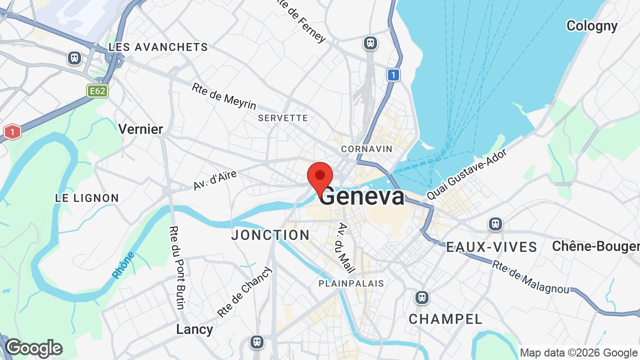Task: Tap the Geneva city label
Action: pos(362,196)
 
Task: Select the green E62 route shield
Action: pos(97,91)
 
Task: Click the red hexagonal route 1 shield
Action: pos(12,132)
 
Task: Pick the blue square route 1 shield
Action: pos(393,75)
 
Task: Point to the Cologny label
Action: pos(591,25)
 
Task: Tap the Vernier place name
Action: pos(140,129)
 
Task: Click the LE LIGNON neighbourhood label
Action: pos(87,198)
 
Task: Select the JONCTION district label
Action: pos(270,235)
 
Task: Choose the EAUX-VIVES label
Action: pos(491,247)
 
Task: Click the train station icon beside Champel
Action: pos(422,298)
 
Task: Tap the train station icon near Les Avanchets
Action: pos(74,58)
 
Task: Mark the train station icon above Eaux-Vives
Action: pos(495,223)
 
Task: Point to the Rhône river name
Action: pos(123,265)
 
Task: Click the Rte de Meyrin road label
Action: pos(223,96)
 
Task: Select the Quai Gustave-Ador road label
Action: pos(467,174)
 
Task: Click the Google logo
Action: pos(33,348)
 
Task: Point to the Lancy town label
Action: pos(194,329)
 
